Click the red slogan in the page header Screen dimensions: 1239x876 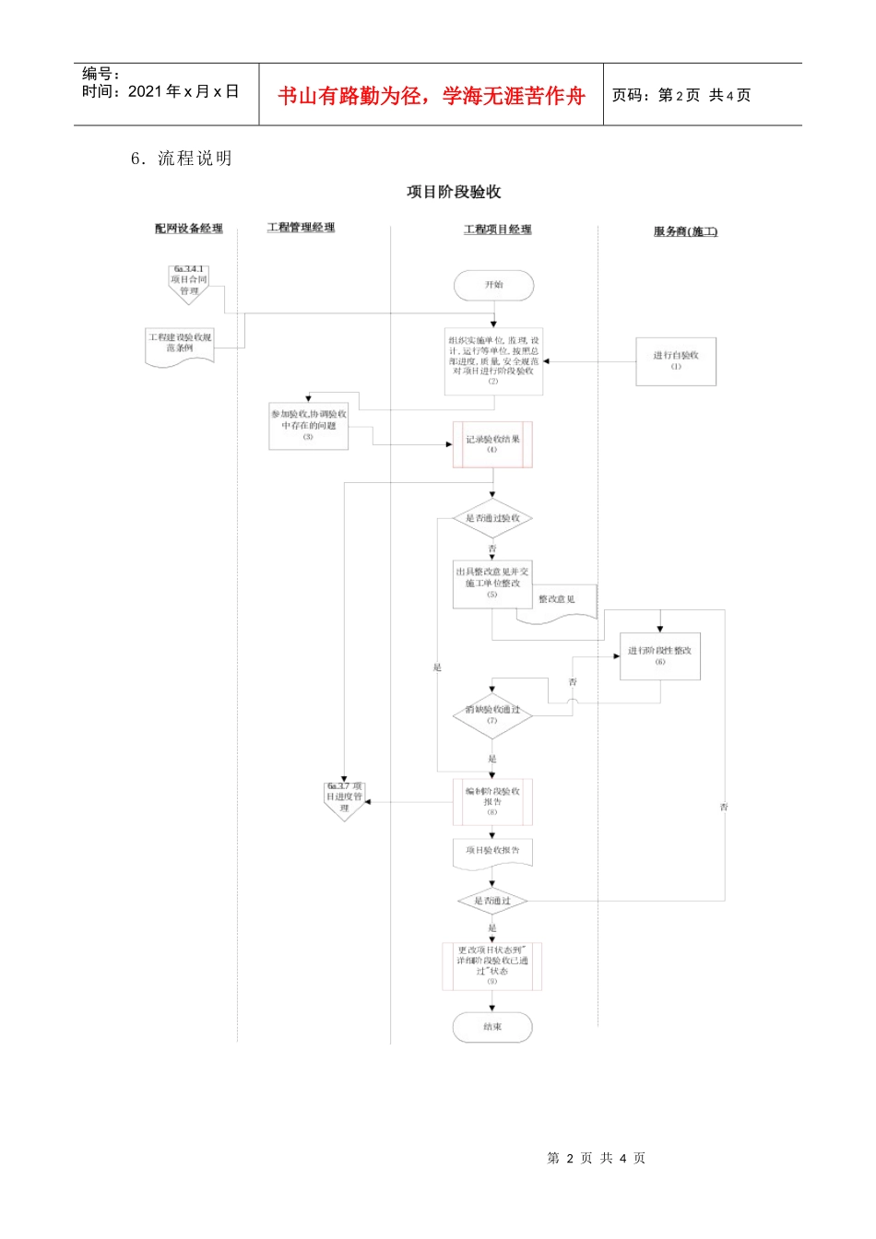431,96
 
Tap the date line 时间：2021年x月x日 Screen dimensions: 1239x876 160,91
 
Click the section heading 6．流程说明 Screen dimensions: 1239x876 182,159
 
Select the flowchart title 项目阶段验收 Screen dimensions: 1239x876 454,192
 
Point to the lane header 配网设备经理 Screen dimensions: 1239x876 189,229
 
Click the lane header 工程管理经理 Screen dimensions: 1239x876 301,228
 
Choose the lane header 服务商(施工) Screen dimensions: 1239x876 685,231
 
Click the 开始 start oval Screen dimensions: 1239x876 493,286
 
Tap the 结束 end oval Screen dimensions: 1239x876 492,1027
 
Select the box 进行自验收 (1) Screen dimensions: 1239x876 676,360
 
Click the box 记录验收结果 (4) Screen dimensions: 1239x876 492,444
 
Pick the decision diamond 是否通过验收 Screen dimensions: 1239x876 492,519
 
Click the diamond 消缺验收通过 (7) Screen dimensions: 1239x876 492,714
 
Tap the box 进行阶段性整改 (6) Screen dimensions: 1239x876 660,655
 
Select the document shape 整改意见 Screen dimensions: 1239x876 556,602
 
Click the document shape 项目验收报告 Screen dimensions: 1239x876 492,853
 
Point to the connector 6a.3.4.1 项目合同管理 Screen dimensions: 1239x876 189,283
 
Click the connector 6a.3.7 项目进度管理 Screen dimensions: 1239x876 344,799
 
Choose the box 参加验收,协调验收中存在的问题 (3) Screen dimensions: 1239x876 309,426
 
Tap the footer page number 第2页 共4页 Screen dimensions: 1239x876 596,1158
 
